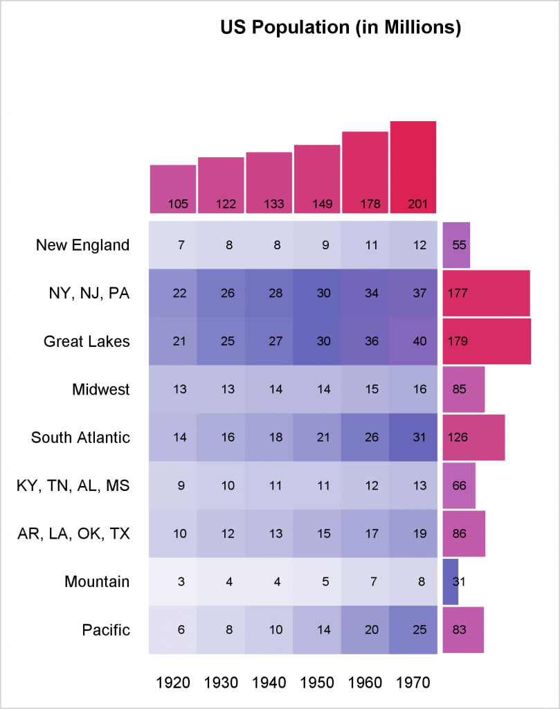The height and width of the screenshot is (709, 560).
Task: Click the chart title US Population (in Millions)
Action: coord(341,28)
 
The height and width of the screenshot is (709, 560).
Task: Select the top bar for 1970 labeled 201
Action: coord(413,167)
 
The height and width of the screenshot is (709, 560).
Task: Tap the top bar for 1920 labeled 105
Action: coord(173,189)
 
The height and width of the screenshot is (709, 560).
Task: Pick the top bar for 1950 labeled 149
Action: coord(317,179)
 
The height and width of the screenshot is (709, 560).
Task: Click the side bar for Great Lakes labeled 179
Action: coord(487,341)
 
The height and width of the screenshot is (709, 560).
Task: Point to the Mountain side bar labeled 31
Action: coord(451,582)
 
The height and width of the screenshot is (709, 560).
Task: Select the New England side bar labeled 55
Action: coord(456,245)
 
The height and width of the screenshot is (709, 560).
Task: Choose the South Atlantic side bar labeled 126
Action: coord(473,438)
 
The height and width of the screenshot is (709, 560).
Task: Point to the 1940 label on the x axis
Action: coord(269,683)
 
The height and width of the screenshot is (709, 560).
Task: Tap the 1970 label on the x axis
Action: coord(413,683)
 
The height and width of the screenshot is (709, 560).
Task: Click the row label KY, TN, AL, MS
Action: coord(73,485)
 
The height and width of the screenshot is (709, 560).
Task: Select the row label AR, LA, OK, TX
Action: coord(73,534)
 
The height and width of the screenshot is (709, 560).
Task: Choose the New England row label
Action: coord(82,245)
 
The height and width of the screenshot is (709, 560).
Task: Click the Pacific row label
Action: coord(106,629)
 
